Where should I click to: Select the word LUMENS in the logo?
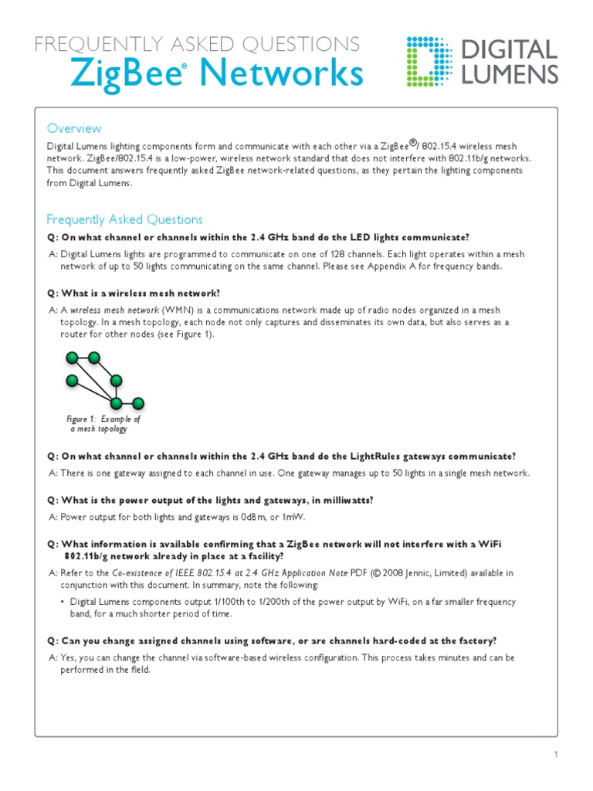coord(510,74)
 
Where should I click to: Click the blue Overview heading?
coord(74,128)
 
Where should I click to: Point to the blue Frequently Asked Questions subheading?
coord(124,219)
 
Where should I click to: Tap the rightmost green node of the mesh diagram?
coord(139,402)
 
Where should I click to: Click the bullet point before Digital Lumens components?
coord(63,602)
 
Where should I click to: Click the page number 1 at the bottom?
coord(555,755)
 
